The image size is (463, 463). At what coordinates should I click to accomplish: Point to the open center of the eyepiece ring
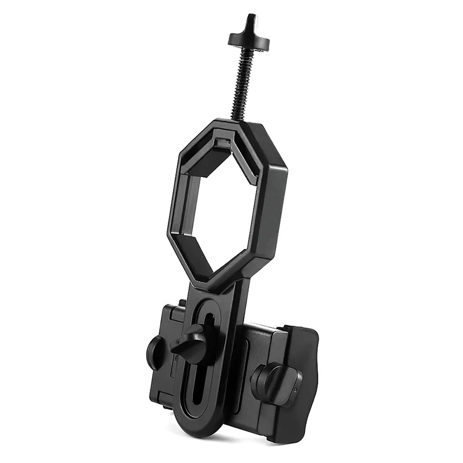coord(223,208)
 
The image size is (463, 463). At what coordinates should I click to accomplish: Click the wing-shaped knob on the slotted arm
coord(192,346)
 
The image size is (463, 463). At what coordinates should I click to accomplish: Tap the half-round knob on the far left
coord(155,351)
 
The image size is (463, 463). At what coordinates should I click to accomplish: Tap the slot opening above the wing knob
coord(206,315)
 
